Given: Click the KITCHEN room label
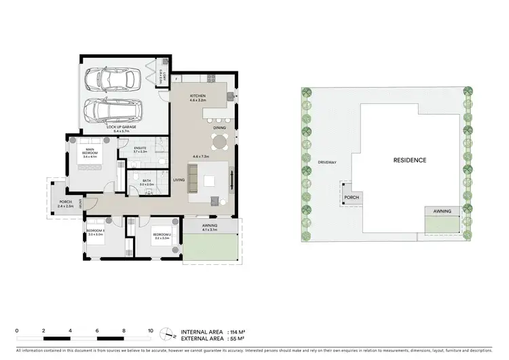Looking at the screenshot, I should tap(197, 96).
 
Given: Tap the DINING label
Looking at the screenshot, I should tap(219, 128).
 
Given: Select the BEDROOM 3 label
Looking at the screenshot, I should tap(94, 231).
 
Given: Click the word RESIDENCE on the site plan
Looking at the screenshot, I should tap(410, 160).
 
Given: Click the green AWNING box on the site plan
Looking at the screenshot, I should tap(442, 221).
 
